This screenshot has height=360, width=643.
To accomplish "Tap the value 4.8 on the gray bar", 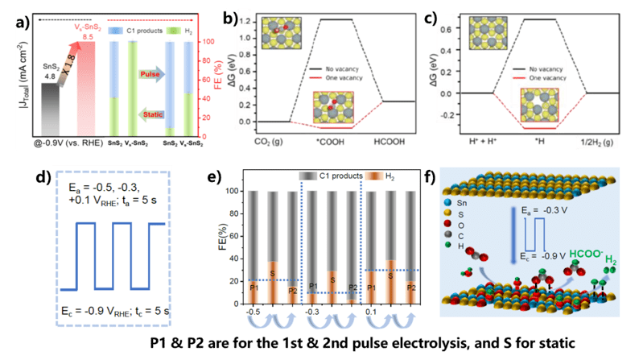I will coord(49,78).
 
